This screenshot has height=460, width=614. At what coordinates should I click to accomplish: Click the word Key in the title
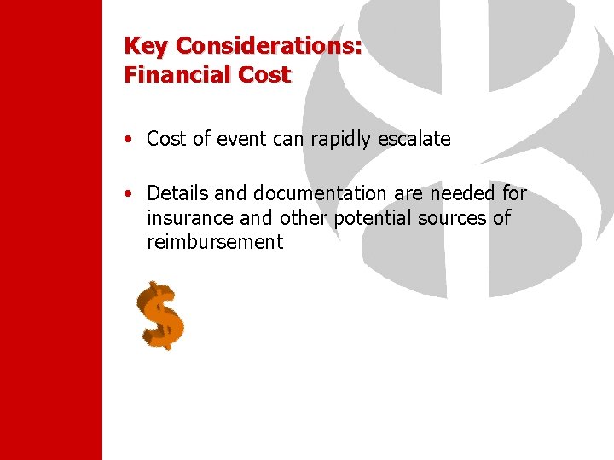point(142,46)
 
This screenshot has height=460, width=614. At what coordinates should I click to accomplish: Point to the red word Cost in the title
point(264,75)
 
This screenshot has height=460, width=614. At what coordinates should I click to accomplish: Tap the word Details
point(177,194)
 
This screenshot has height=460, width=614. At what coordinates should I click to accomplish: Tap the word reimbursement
point(214,242)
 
